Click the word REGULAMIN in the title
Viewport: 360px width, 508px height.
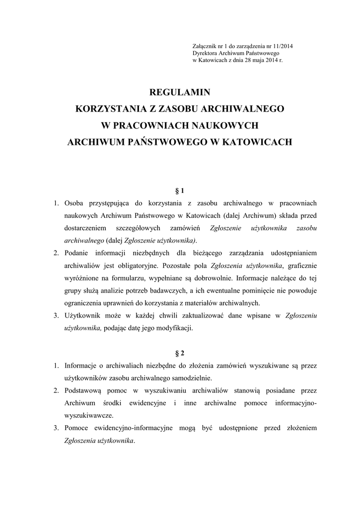(180, 92)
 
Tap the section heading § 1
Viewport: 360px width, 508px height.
(180, 190)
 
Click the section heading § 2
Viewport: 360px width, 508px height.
(180, 353)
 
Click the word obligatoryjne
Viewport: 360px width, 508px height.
(127, 265)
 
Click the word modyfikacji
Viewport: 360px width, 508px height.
(175, 328)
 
